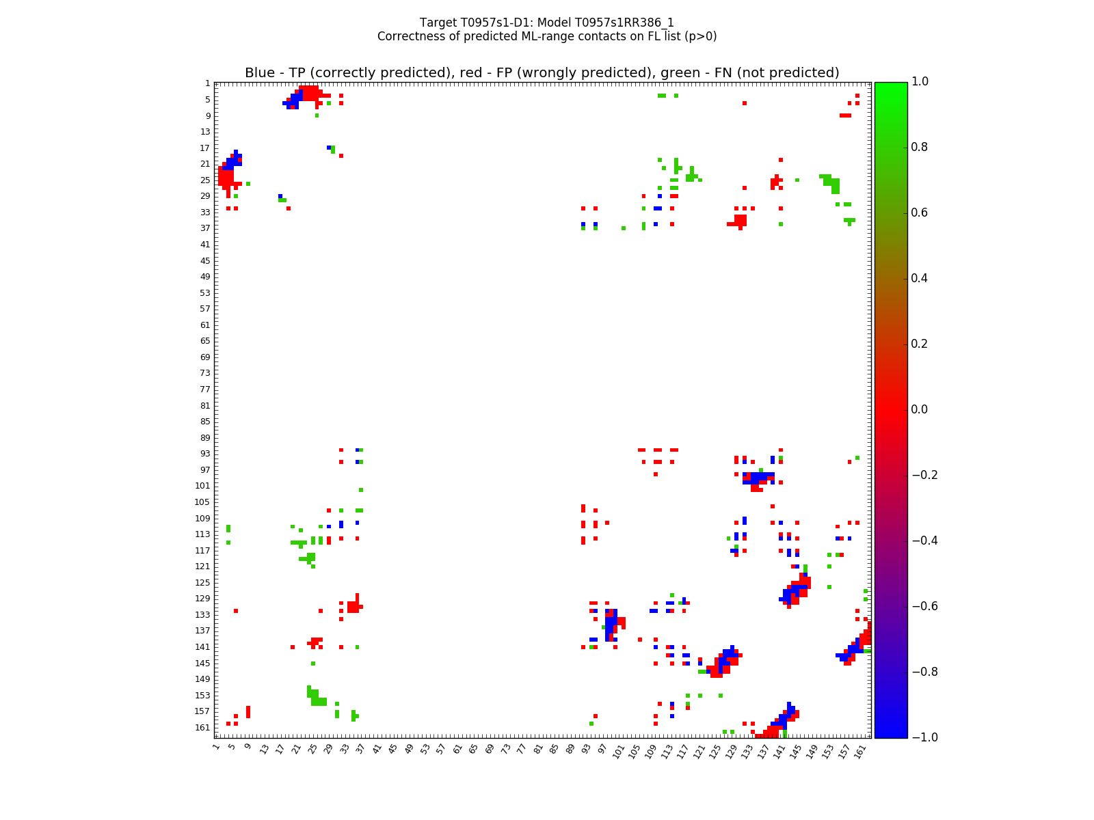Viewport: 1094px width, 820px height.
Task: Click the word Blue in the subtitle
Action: [260, 73]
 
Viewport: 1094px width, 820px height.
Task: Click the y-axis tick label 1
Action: [207, 83]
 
